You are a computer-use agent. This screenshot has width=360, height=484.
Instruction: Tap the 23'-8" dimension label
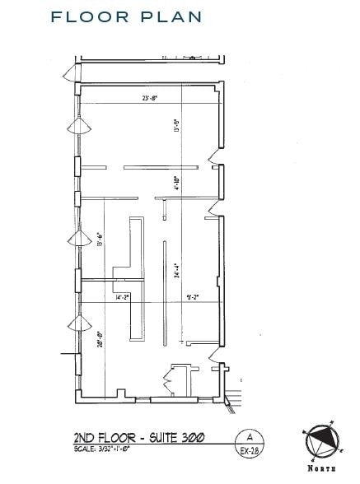[x=148, y=100]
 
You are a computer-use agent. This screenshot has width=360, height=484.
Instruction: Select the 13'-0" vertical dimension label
[x=176, y=126]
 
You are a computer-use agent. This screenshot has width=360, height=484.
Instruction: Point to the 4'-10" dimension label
[x=176, y=183]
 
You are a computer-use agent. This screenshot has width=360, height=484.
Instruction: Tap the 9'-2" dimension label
[x=192, y=297]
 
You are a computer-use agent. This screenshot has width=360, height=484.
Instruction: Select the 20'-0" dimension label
[x=99, y=339]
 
